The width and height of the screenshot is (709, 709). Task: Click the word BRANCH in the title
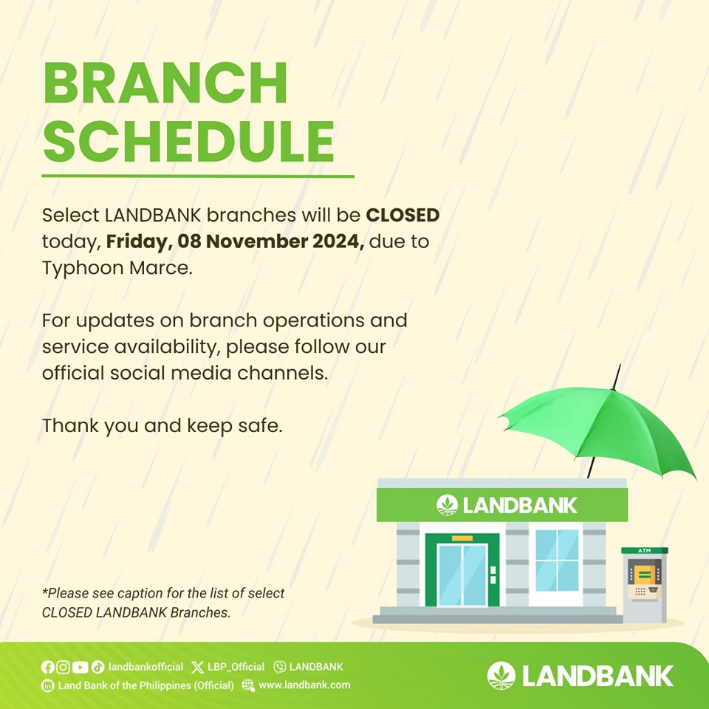(165, 83)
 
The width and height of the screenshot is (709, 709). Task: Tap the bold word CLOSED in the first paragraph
(403, 215)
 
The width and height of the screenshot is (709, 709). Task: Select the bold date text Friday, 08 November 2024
(235, 242)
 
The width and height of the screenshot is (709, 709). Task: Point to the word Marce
(161, 267)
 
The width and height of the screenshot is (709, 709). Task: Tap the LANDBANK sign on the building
(502, 505)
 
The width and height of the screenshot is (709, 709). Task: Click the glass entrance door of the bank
(462, 575)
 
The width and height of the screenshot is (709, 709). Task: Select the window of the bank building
(557, 560)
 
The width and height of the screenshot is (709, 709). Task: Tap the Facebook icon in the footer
(47, 667)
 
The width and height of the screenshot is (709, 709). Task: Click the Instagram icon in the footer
(64, 667)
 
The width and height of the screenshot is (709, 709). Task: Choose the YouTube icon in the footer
(80, 667)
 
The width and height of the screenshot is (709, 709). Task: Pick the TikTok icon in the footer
(97, 667)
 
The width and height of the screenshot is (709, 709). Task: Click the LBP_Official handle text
(236, 667)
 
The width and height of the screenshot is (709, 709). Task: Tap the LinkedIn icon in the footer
(47, 685)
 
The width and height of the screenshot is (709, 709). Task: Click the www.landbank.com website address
(304, 685)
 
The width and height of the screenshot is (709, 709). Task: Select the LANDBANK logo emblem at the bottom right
(501, 676)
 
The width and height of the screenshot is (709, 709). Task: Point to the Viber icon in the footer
(279, 667)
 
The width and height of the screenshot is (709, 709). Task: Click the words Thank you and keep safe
(162, 426)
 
